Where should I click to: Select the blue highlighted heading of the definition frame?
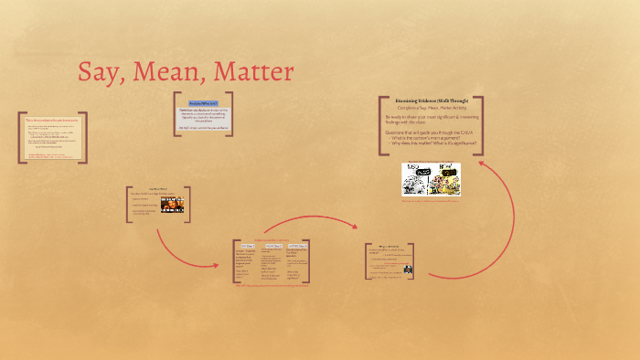[x=202, y=103]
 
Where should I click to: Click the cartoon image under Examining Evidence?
[x=431, y=178]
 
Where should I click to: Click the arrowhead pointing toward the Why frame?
[x=362, y=245]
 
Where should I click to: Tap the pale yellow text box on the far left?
[x=52, y=138]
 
